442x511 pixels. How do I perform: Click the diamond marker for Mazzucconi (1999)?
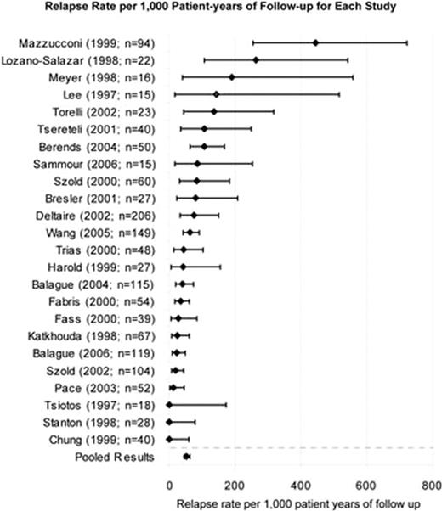[315, 42]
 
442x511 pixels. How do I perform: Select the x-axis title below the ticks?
[299, 502]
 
